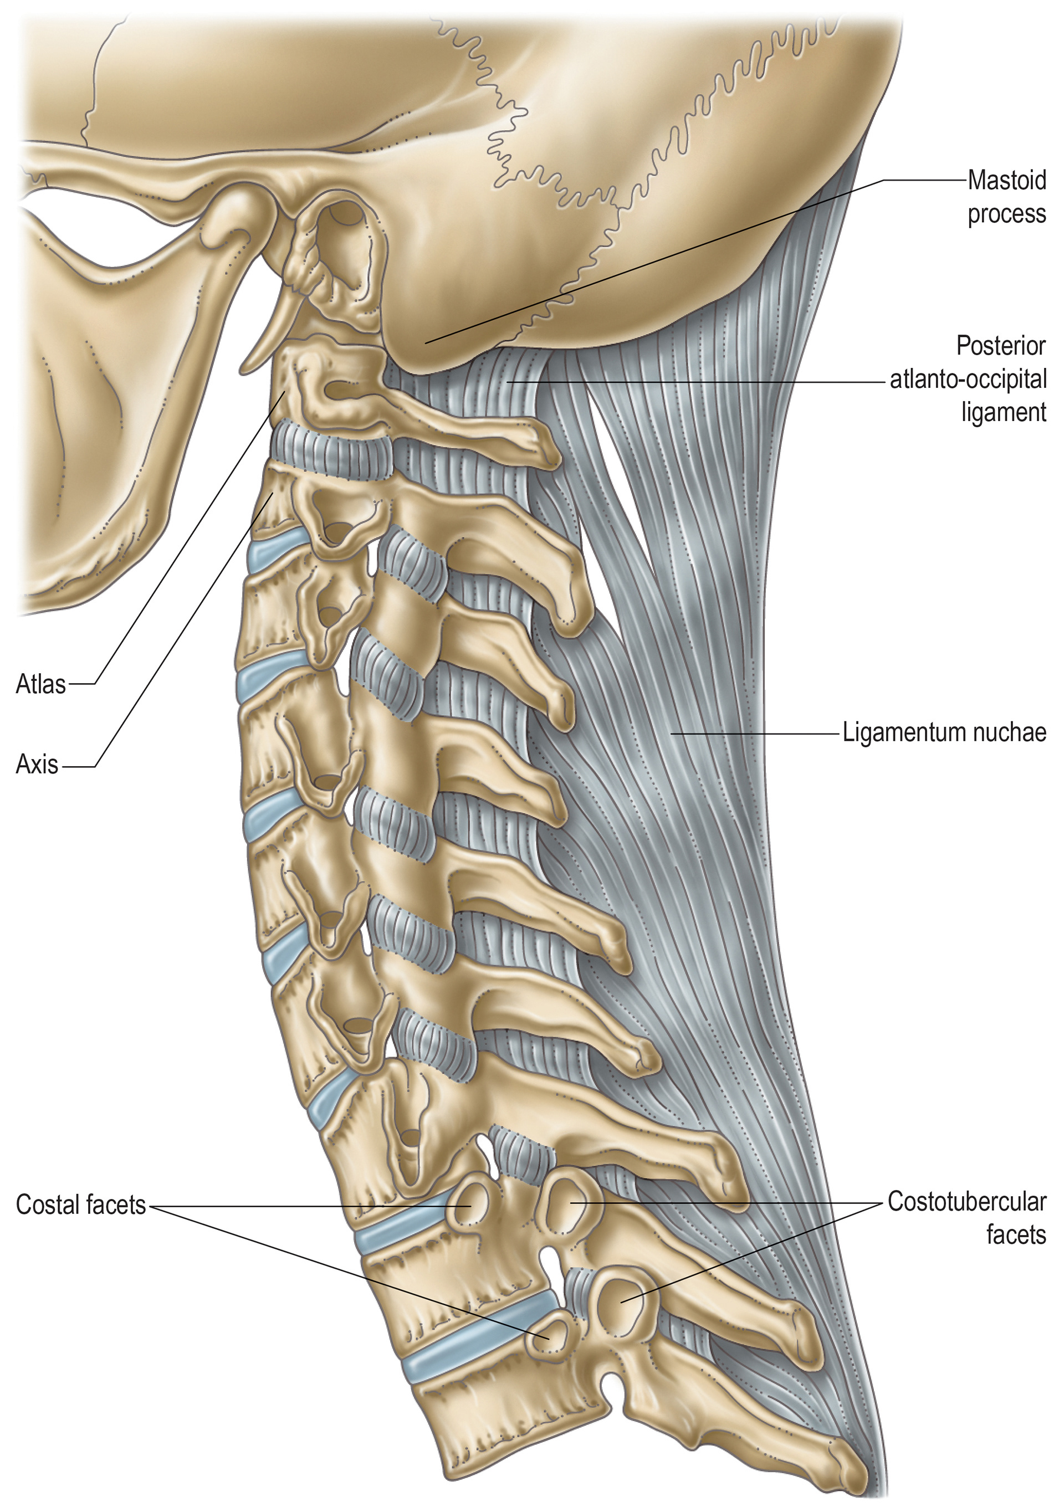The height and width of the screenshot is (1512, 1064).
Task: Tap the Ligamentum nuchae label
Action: (943, 732)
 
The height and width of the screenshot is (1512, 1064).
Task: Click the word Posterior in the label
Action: (1001, 346)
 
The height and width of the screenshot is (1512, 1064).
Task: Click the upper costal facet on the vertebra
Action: (470, 1205)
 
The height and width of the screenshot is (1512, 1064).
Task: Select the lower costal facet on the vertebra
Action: (546, 1337)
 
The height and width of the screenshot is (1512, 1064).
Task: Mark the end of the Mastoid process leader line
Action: (426, 342)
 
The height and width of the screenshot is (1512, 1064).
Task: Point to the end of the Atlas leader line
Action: (285, 392)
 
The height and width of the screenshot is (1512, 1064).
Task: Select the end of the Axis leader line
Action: (272, 497)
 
